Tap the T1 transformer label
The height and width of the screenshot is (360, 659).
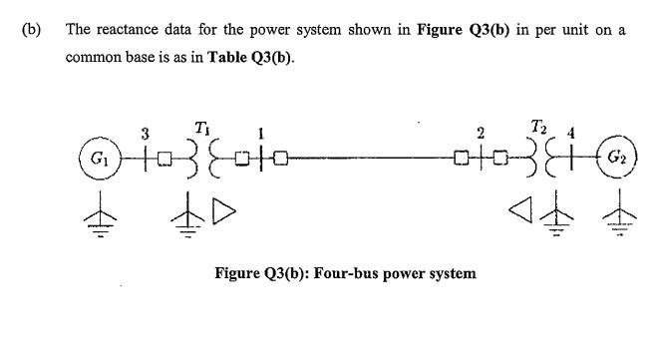201,127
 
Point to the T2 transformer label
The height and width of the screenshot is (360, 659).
539,126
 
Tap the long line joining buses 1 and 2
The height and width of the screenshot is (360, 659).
369,158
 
